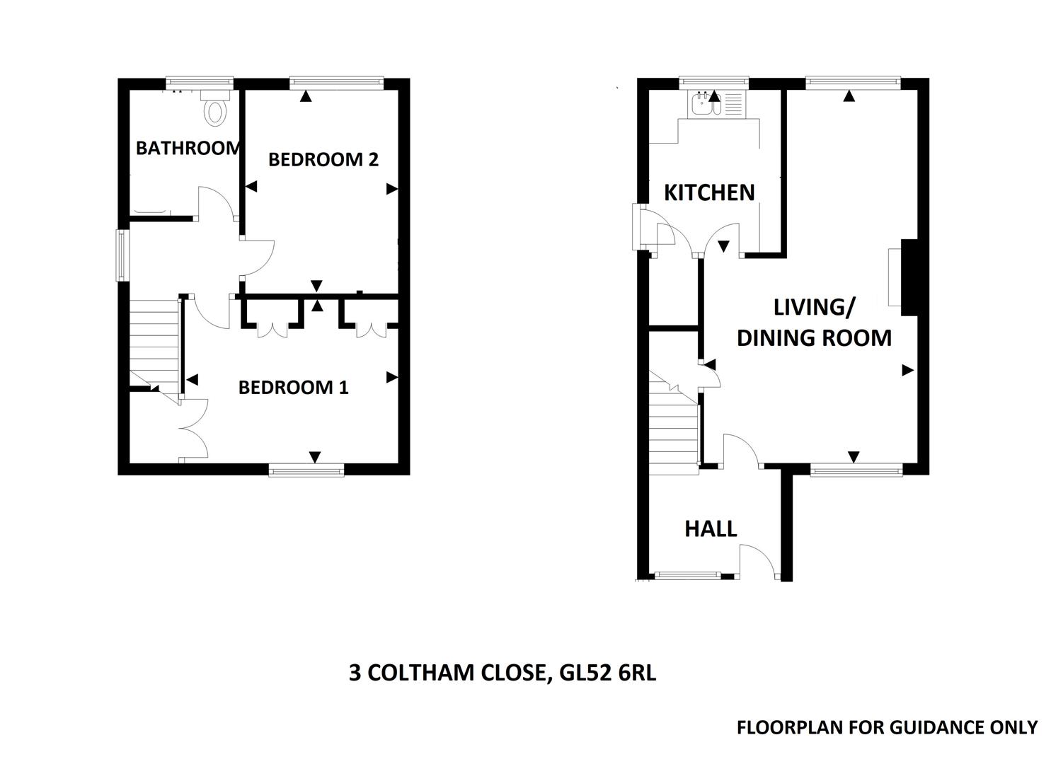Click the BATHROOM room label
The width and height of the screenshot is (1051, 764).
pos(188,148)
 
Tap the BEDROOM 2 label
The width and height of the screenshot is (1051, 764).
pos(323,159)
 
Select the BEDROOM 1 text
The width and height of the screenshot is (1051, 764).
pos(293,387)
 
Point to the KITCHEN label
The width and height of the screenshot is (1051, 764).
pos(709,192)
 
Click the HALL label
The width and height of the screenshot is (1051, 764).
pos(711,528)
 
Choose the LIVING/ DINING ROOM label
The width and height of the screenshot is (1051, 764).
pos(814,323)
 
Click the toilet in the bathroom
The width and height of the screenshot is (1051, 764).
pos(215,110)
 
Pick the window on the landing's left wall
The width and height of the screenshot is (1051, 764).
pos(123,255)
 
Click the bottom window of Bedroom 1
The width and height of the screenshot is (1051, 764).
pos(306,469)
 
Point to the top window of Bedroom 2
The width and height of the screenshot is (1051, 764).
pos(336,83)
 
